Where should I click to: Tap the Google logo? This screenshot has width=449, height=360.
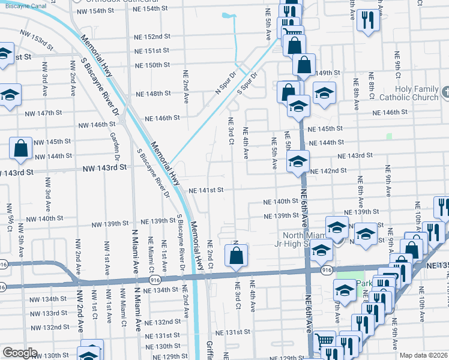pos(19,353)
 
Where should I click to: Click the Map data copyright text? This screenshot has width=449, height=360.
pos(423,355)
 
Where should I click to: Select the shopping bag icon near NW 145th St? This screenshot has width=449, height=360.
pos(20,149)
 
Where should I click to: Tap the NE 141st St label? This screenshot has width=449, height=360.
pos(206,190)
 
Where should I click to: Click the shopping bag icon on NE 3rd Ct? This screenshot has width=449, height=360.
pos(237,255)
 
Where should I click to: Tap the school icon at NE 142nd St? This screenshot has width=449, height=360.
pos(298,161)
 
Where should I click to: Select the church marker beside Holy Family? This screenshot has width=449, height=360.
pos(445,92)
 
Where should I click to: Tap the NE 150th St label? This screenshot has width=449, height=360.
pos(152,65)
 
